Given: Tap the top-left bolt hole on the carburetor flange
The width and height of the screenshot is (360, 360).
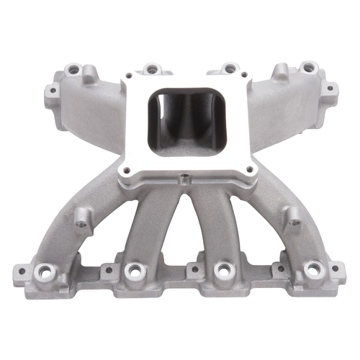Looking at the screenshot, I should click(x=134, y=81).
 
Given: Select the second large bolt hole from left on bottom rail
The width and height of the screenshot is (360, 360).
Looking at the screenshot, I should click(x=132, y=269).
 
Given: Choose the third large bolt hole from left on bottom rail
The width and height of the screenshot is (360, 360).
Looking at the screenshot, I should click(x=222, y=269).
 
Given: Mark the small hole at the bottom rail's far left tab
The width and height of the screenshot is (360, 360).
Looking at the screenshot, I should click(x=21, y=274).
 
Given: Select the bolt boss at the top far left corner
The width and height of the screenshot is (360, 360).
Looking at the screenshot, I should click(x=72, y=71).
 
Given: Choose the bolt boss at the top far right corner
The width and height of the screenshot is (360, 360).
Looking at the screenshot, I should click(x=310, y=68).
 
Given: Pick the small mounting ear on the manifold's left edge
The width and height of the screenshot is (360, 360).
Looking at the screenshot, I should click(x=52, y=92).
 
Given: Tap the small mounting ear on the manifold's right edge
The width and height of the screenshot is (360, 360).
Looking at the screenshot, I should click(x=330, y=89).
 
